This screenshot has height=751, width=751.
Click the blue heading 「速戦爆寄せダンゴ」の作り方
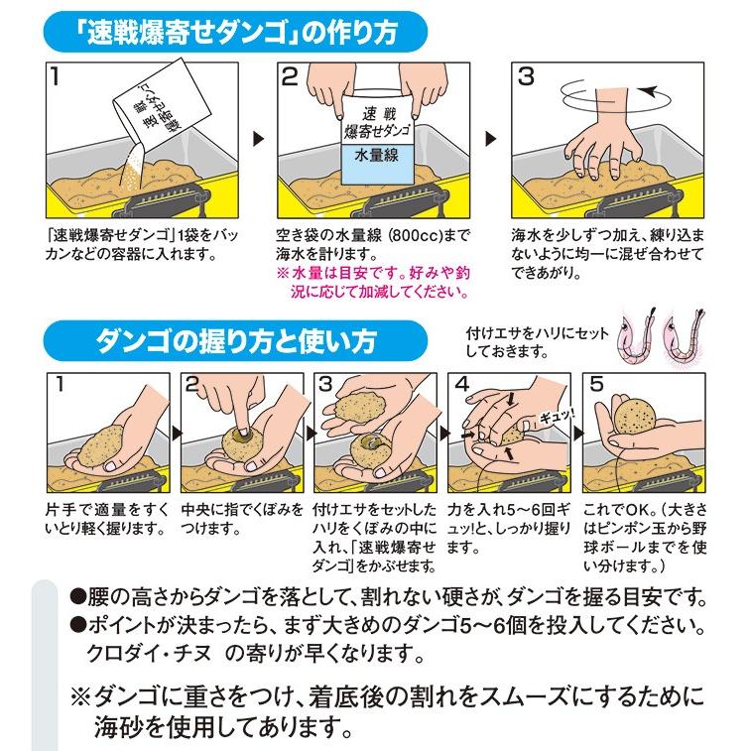click(237, 33)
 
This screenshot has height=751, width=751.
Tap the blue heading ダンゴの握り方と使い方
click(235, 341)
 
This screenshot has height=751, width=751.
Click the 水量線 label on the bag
click(376, 155)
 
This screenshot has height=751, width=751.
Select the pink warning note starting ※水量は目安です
click(374, 282)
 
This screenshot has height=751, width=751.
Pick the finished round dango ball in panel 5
click(635, 416)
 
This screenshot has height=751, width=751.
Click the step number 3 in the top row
click(527, 76)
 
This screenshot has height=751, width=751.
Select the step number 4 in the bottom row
click(461, 384)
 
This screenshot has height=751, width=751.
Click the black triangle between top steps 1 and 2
click(258, 139)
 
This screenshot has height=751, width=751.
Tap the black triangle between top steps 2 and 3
click(491, 139)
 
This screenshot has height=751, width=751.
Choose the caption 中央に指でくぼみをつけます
click(241, 519)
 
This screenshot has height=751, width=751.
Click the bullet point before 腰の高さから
click(76, 597)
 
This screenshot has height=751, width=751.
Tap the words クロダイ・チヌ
click(149, 653)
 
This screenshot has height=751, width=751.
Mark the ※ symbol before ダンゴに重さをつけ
click(80, 696)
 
